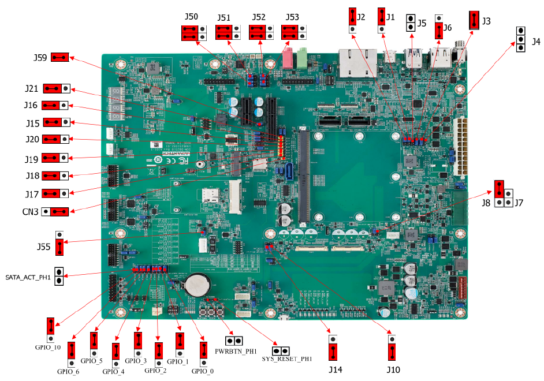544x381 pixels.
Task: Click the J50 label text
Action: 191,17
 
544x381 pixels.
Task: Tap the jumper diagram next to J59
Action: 60,57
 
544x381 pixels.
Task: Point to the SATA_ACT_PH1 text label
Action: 28,278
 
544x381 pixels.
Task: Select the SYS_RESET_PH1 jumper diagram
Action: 281,351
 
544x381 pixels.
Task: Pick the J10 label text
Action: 393,369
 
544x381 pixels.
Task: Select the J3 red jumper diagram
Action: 474,21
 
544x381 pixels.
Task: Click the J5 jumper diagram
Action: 411,23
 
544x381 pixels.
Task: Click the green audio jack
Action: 302,58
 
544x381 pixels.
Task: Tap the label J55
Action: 43,246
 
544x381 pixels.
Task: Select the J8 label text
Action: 487,203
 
